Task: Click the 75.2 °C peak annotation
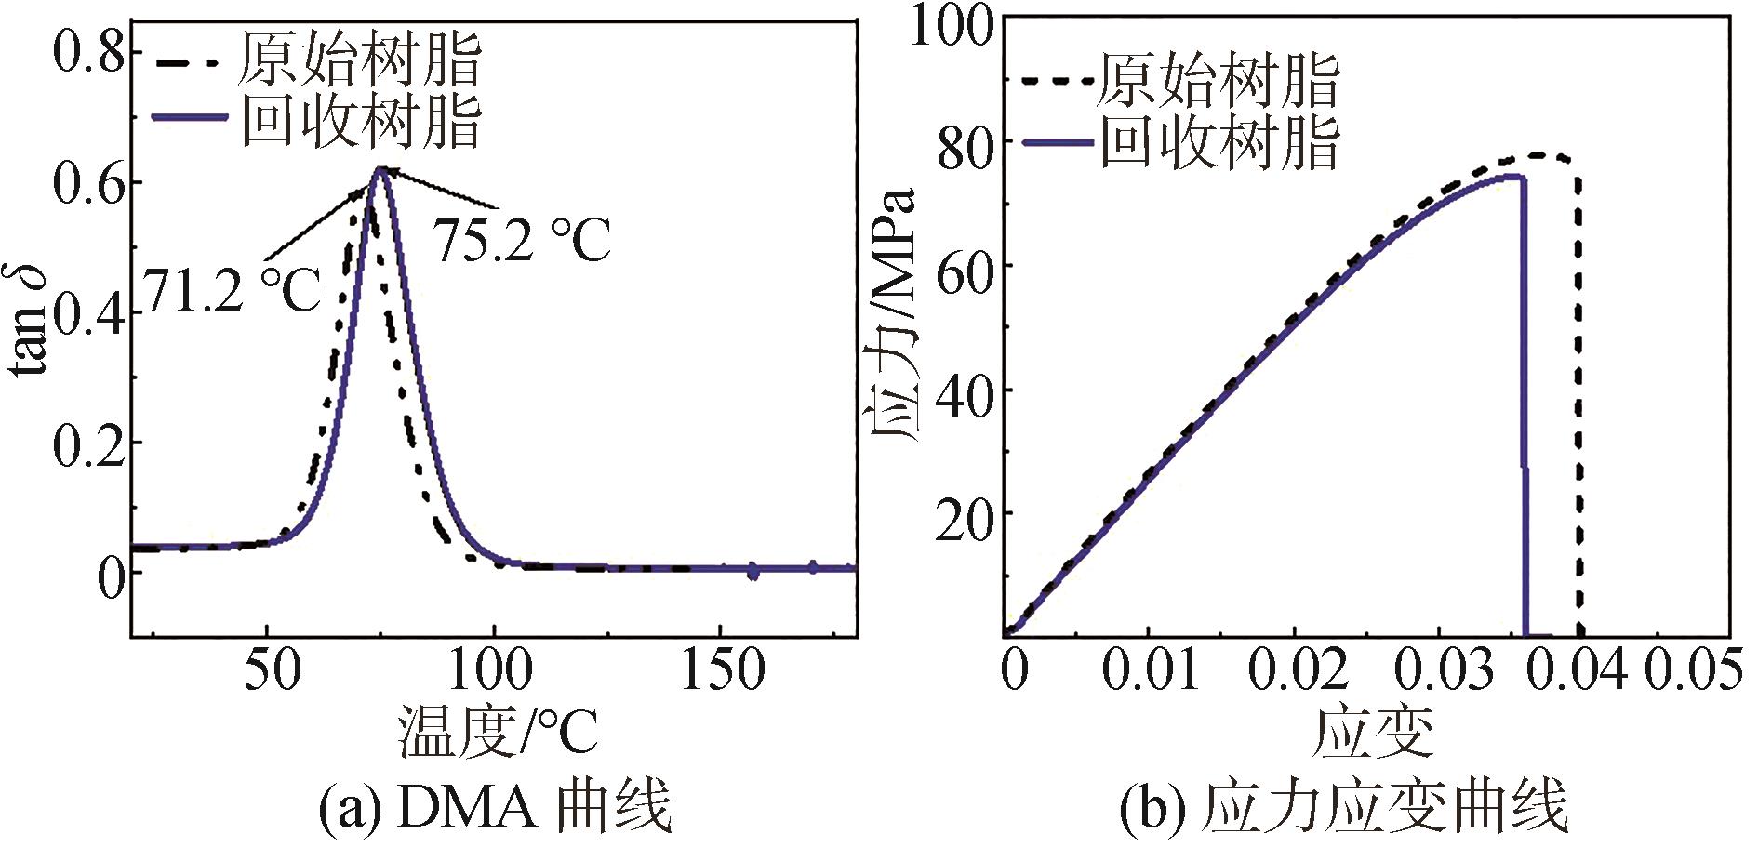click(x=524, y=241)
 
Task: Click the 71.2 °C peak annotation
click(x=232, y=290)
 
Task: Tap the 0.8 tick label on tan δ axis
click(x=88, y=54)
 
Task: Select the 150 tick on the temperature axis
click(x=723, y=670)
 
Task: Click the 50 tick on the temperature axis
click(x=272, y=670)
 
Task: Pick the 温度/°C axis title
click(x=498, y=732)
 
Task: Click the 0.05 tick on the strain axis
click(x=1693, y=670)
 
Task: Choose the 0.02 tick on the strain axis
click(x=1297, y=670)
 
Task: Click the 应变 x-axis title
click(x=1372, y=732)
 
